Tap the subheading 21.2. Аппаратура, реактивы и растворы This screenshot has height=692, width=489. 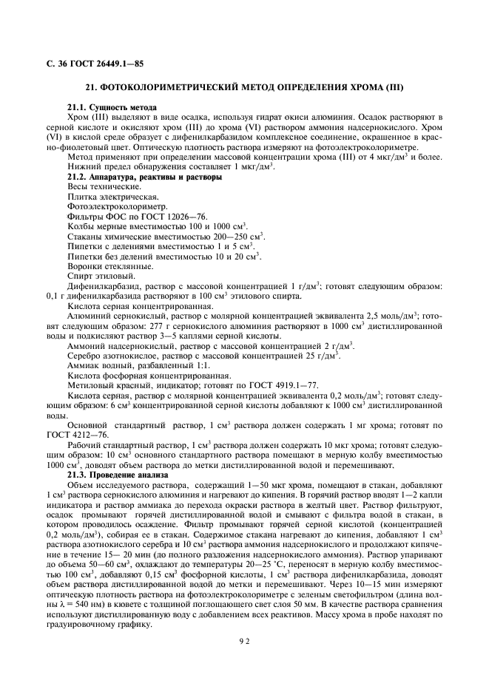144,177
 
